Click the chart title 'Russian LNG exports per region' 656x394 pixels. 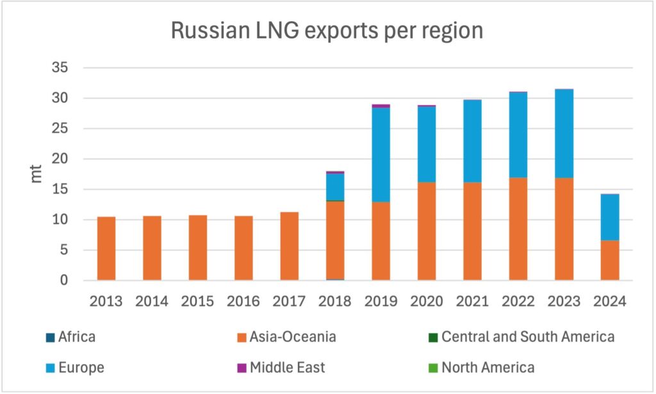point(327,31)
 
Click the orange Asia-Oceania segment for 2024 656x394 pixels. point(610,260)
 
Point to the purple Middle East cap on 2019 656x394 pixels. point(381,106)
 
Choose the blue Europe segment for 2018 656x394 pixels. point(335,186)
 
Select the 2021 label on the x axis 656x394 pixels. point(472,302)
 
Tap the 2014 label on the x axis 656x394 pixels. point(152,302)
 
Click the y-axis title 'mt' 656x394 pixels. point(37,174)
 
